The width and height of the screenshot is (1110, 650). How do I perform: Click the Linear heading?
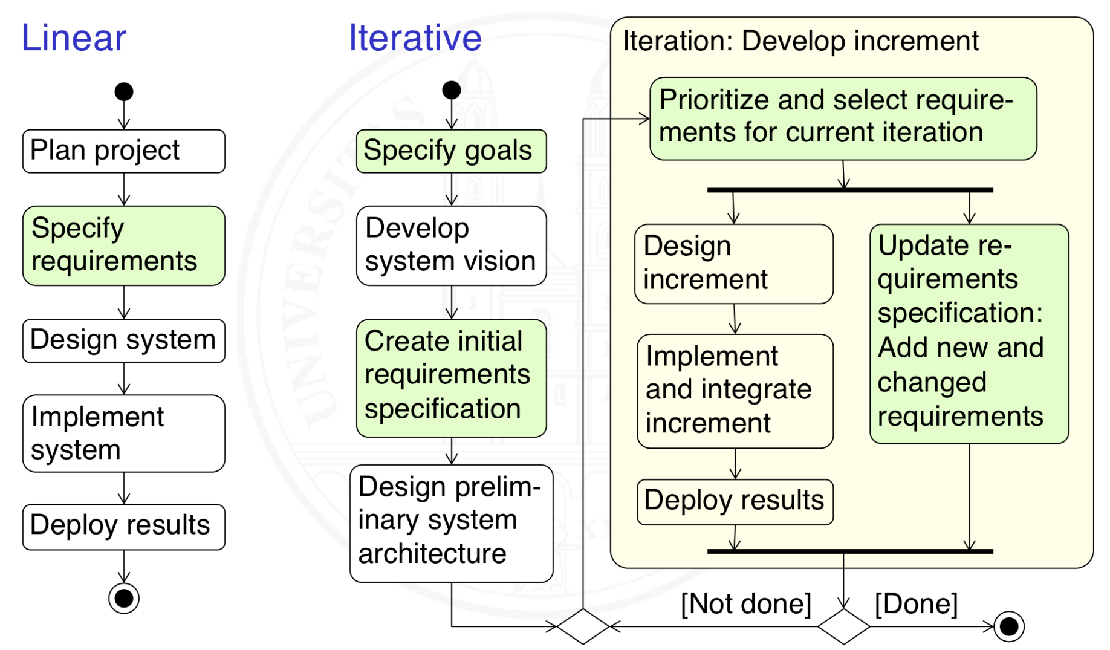(x=74, y=38)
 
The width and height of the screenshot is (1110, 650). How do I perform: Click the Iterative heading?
(x=415, y=38)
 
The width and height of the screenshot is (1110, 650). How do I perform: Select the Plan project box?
(x=123, y=151)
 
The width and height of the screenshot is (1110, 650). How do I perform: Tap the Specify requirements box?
(x=123, y=245)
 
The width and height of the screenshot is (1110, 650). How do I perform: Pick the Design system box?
(x=123, y=340)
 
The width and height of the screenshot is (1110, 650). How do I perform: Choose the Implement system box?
(x=123, y=434)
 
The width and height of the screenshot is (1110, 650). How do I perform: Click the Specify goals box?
(x=451, y=151)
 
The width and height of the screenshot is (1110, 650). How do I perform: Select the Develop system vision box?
(x=451, y=245)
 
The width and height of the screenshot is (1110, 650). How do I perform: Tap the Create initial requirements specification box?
(x=451, y=378)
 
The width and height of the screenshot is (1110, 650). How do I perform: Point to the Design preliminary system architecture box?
(x=451, y=523)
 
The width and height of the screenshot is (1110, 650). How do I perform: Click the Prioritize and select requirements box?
(x=843, y=119)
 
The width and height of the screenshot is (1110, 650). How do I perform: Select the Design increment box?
(x=733, y=264)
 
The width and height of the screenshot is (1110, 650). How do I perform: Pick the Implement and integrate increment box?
(x=735, y=391)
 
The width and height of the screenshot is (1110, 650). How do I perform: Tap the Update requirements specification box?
(x=969, y=333)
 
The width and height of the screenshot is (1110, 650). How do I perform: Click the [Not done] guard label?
(x=745, y=604)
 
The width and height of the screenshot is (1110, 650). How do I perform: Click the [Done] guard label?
(x=916, y=604)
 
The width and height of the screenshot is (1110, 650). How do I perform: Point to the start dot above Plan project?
(x=124, y=92)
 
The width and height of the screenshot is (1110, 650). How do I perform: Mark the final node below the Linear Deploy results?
(x=124, y=598)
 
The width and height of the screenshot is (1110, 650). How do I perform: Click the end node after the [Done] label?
(x=1008, y=626)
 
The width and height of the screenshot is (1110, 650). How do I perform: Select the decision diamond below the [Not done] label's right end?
(x=843, y=626)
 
